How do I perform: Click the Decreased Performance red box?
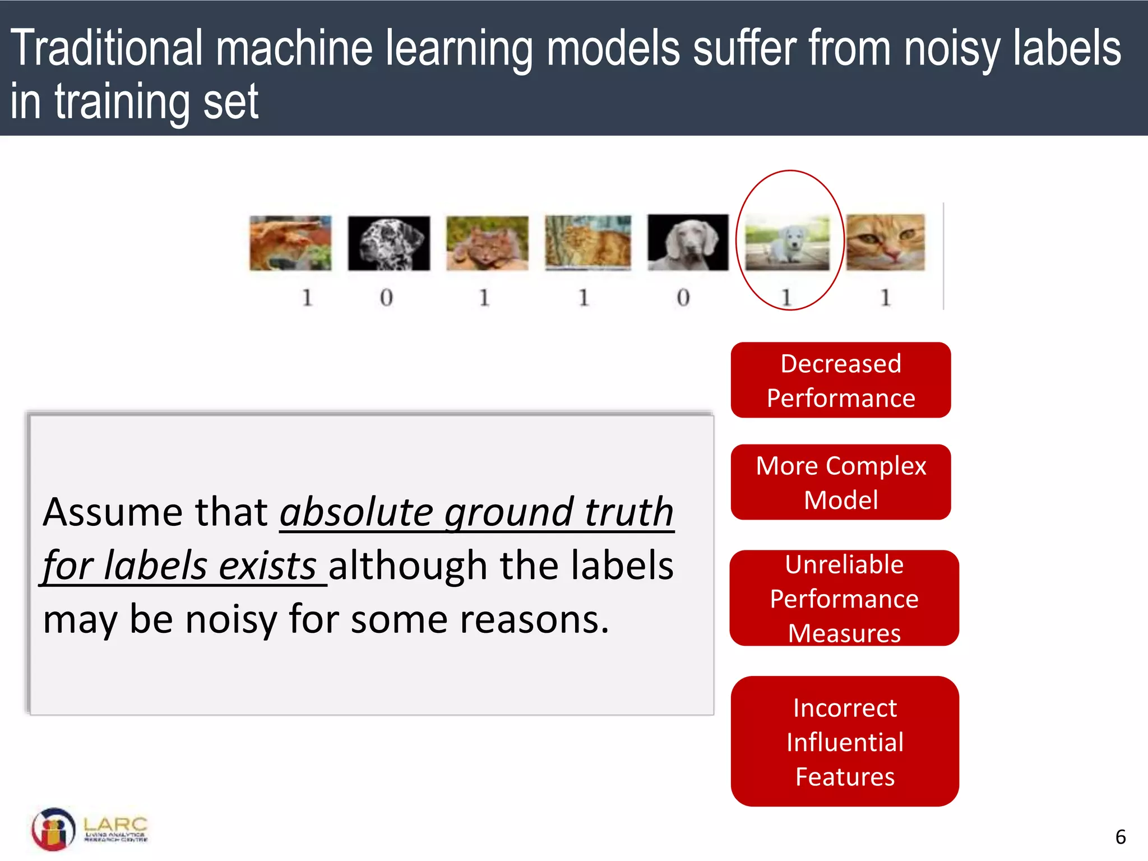pos(840,380)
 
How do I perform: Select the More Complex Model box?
pos(840,482)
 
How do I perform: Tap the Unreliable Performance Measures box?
pos(844,598)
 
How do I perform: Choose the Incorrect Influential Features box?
pos(844,742)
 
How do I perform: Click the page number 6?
pos(1121,837)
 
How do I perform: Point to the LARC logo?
pos(90,829)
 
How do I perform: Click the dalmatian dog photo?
pos(388,243)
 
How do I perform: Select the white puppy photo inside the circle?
pos(787,243)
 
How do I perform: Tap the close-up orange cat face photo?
pos(885,242)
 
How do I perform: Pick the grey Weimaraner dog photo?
pos(688,242)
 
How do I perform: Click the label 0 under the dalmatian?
pos(386,298)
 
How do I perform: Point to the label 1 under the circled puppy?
pos(786,298)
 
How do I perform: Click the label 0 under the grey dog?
pos(683,298)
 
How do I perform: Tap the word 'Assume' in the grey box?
pos(112,512)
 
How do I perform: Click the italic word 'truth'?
pos(628,512)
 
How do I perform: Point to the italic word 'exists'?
pos(267,566)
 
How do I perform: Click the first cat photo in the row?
pos(290,243)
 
